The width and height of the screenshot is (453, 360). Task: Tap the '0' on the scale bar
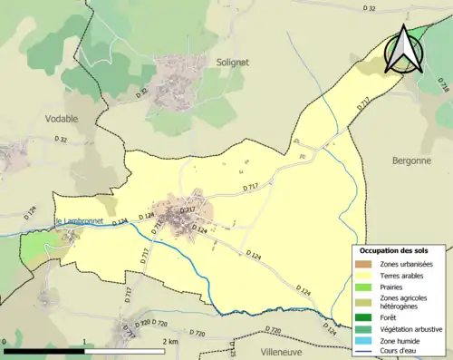(x=5, y=341)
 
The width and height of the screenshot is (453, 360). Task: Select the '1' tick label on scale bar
(x=83, y=341)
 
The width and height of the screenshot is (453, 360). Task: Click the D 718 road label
(x=443, y=86)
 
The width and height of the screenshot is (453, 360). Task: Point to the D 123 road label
(x=233, y=349)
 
